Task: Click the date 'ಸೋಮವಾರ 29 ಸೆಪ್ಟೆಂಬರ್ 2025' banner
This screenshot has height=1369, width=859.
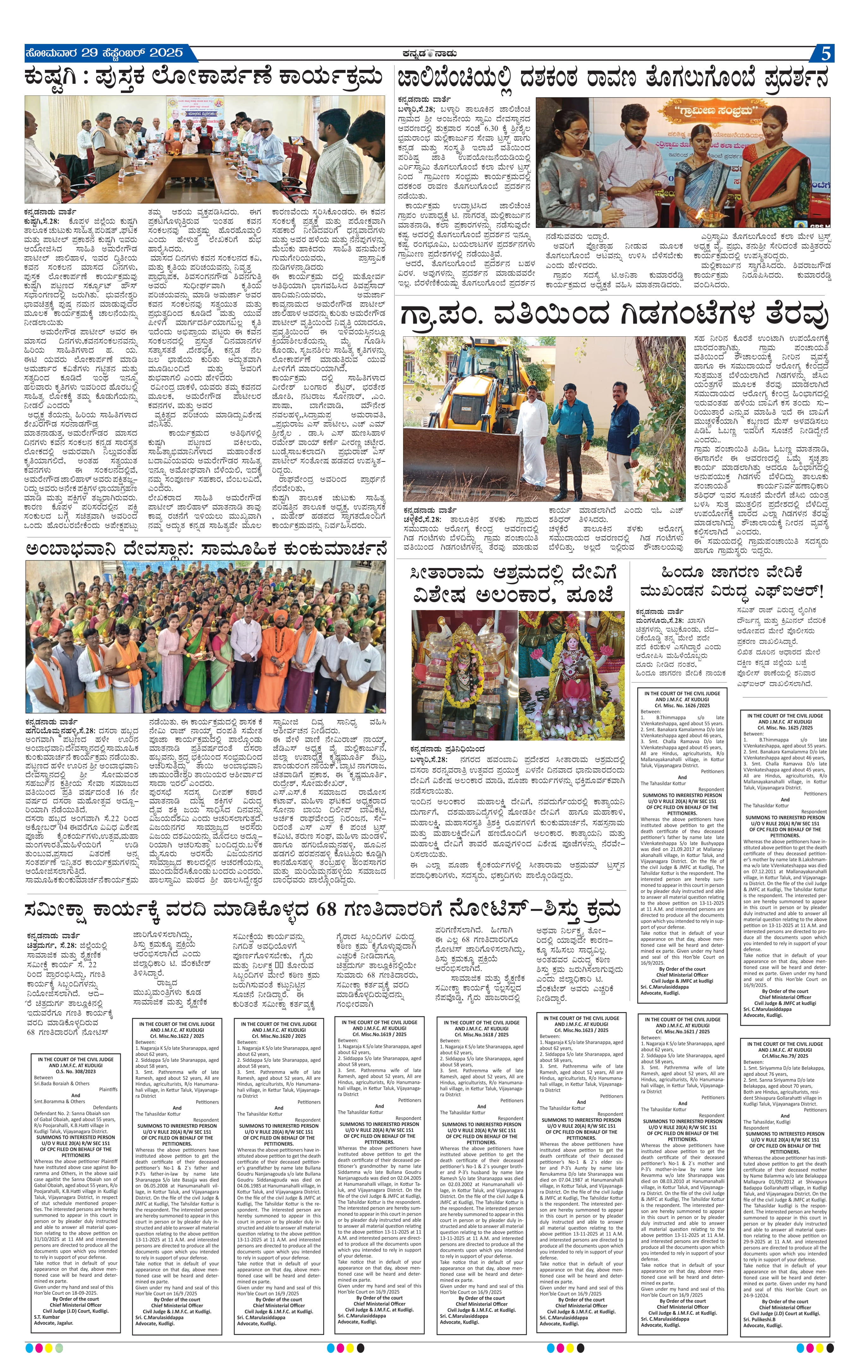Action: (105, 53)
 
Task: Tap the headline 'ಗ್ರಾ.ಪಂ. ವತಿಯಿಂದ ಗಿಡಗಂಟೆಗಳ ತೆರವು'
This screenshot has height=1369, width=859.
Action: (614, 315)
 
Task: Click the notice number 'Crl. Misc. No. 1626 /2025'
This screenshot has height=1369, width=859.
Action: (682, 706)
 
